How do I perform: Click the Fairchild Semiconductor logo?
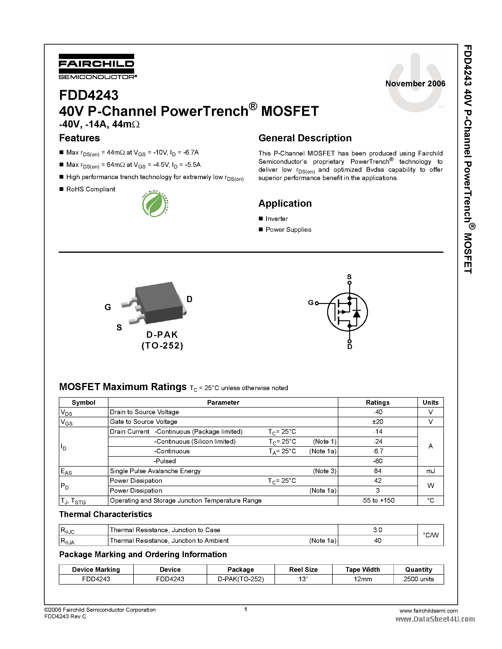point(97,67)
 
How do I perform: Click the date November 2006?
point(415,84)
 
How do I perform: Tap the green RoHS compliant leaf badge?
point(154,204)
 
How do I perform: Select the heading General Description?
point(305,138)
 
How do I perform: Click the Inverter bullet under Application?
point(277,219)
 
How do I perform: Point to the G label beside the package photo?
point(108,307)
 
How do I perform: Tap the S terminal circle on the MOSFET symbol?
point(349,283)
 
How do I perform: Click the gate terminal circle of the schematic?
point(317,303)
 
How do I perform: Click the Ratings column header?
point(378,402)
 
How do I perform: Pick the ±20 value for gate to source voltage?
point(378,422)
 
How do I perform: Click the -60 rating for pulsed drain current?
point(378,461)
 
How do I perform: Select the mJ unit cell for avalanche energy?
point(430,471)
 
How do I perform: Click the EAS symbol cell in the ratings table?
point(66,471)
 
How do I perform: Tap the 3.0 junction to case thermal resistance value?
point(378,530)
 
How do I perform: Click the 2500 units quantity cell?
point(418,579)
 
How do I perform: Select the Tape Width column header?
point(363,569)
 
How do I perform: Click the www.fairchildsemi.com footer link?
point(429,611)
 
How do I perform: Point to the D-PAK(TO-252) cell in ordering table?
point(240,579)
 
